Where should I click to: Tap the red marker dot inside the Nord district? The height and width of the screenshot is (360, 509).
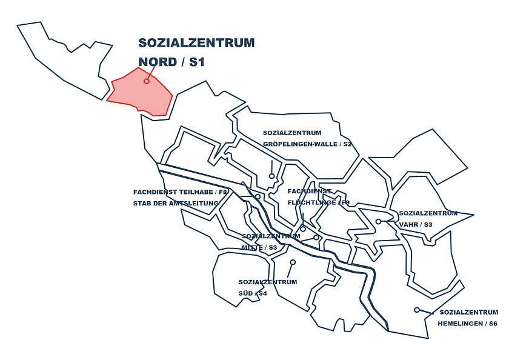click(x=146, y=81)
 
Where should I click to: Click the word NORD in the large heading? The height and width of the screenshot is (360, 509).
click(x=158, y=62)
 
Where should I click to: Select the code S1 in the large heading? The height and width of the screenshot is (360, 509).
click(x=198, y=62)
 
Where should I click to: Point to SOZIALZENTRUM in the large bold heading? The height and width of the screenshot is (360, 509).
click(x=196, y=43)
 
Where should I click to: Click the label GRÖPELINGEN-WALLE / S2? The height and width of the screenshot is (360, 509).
click(x=307, y=144)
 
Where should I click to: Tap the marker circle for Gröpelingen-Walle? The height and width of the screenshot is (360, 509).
click(x=272, y=176)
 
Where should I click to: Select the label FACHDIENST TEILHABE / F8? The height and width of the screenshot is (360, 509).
click(x=180, y=192)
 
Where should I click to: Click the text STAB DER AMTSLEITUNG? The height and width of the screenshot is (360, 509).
click(x=175, y=203)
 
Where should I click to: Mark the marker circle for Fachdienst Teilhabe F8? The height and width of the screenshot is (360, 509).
click(x=258, y=196)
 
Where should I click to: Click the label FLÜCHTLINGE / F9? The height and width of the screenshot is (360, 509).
click(x=319, y=202)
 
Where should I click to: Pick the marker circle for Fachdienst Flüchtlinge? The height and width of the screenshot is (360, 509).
click(x=303, y=228)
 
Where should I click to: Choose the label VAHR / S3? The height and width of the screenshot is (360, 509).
click(x=415, y=224)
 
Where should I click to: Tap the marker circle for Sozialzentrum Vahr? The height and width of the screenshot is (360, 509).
click(x=378, y=221)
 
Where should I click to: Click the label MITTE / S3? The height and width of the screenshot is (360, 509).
click(x=259, y=247)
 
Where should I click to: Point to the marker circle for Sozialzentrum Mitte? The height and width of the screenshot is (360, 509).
click(x=316, y=237)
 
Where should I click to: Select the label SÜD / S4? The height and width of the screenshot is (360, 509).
click(x=253, y=293)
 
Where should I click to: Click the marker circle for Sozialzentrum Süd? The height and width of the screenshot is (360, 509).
click(x=293, y=262)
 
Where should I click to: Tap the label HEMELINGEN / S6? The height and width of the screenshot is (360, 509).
click(x=467, y=324)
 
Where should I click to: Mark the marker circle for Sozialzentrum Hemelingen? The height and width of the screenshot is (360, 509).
click(x=417, y=310)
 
